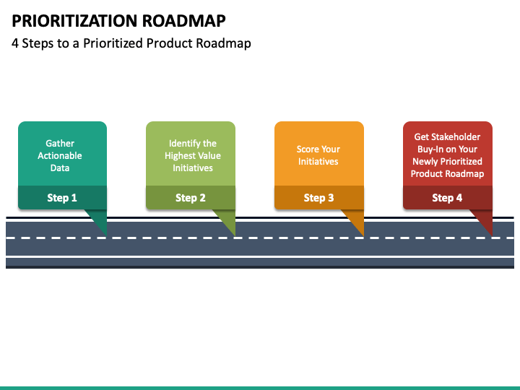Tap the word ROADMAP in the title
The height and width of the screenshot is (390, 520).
click(184, 20)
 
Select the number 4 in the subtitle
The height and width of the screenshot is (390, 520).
click(15, 43)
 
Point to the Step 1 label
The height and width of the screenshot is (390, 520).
click(62, 198)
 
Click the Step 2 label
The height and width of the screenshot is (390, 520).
click(191, 198)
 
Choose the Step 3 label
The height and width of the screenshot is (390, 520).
click(318, 198)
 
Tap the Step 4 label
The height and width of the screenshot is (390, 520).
click(447, 198)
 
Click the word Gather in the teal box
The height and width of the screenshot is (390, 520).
click(60, 143)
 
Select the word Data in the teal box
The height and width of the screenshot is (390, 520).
click(60, 168)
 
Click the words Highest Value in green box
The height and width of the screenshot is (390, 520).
click(193, 155)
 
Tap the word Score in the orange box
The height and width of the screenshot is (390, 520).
click(307, 149)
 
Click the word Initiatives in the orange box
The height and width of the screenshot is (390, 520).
click(318, 162)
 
